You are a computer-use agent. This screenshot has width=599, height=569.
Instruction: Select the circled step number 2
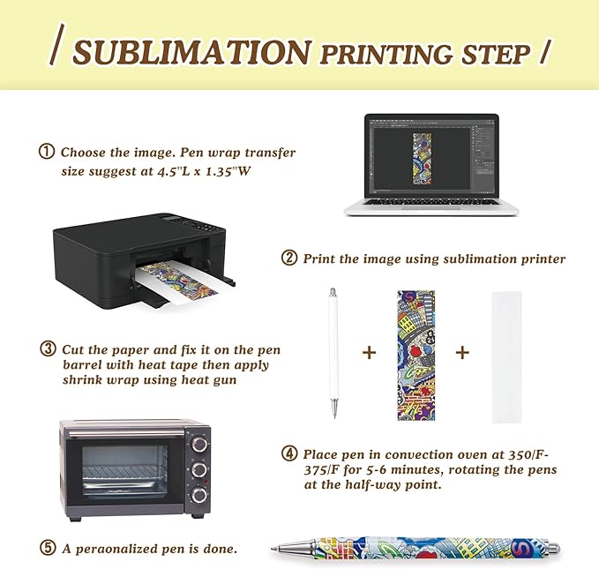[288, 258]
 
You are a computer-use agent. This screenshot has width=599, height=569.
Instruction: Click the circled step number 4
[288, 454]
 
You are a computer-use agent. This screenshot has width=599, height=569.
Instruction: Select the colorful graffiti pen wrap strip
[416, 354]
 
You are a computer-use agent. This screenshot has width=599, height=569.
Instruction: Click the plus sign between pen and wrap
[369, 353]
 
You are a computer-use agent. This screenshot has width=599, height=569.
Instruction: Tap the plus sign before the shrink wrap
[462, 353]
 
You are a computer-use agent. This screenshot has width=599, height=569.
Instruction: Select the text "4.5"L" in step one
[176, 171]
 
